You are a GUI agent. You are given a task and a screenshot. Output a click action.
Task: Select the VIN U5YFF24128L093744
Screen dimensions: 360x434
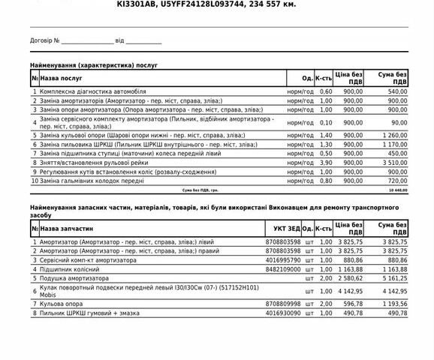pos(203,4)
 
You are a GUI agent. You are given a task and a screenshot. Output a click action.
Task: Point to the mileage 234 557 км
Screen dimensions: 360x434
pos(272,4)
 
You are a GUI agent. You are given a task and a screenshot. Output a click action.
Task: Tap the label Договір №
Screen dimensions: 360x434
pos(45,40)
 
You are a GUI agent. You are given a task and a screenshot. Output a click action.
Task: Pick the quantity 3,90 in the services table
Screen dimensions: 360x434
pos(325,161)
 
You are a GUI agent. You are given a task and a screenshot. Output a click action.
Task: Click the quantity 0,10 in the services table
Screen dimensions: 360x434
pos(325,121)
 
